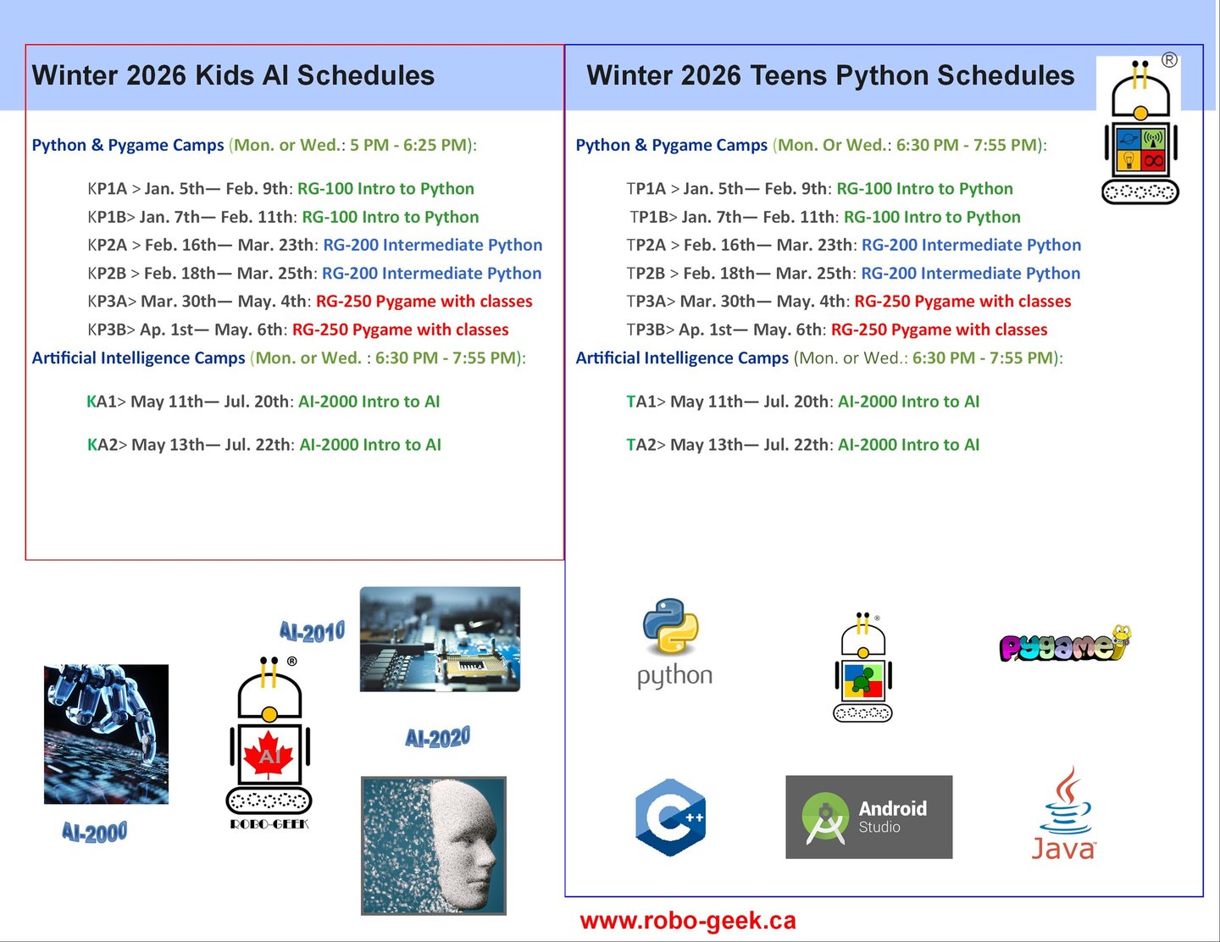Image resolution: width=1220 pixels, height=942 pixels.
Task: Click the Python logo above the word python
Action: (x=671, y=626)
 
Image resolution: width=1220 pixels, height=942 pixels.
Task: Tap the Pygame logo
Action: (x=1065, y=644)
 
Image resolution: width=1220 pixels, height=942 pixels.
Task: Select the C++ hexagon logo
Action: (x=670, y=817)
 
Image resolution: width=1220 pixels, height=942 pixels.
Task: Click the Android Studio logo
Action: (x=868, y=817)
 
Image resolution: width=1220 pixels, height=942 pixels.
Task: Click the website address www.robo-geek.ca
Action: (x=688, y=920)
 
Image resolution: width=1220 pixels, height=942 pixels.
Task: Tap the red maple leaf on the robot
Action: (x=269, y=755)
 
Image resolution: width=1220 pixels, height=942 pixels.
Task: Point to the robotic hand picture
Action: (x=106, y=734)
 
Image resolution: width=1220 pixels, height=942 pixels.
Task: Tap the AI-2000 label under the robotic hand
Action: (x=95, y=832)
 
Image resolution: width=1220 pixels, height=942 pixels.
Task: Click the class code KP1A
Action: (x=108, y=189)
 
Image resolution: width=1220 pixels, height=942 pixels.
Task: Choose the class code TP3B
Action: (x=646, y=330)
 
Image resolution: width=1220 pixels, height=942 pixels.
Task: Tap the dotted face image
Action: (x=434, y=845)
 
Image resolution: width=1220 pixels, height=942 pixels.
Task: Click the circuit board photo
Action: (x=441, y=639)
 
